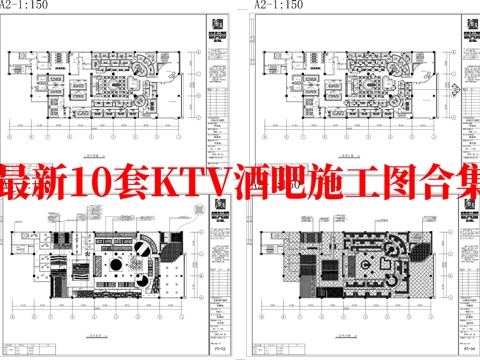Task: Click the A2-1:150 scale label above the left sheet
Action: pos(22,5)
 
